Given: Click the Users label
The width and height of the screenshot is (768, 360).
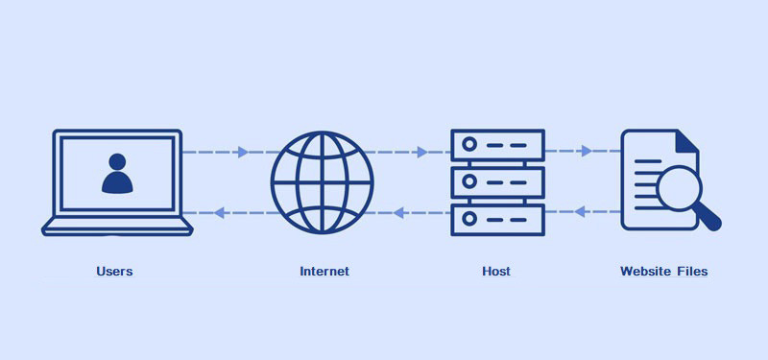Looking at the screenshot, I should [114, 272].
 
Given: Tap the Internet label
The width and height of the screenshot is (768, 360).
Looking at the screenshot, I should [324, 272].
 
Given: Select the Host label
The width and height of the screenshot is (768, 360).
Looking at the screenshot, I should [495, 272].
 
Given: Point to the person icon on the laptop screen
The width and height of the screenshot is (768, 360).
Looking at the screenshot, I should [117, 174].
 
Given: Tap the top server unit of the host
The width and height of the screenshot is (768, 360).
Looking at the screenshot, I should [497, 145].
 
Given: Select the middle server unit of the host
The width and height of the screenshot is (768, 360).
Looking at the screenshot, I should [497, 180].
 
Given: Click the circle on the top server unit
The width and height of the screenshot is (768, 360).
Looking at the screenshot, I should [469, 145].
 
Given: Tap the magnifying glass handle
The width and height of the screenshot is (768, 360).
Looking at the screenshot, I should [709, 219].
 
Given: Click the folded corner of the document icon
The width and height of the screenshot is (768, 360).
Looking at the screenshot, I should [687, 142].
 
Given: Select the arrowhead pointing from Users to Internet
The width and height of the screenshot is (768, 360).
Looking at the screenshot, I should [243, 152].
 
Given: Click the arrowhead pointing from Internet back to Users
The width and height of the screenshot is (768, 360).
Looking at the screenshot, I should [219, 212].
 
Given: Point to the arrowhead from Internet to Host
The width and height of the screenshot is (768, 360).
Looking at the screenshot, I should [422, 152].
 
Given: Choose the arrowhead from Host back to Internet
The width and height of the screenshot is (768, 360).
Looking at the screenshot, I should [398, 212].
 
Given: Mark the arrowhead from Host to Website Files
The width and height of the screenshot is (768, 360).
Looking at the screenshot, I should [588, 151].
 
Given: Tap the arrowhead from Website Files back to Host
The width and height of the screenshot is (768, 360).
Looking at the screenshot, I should [579, 211].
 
